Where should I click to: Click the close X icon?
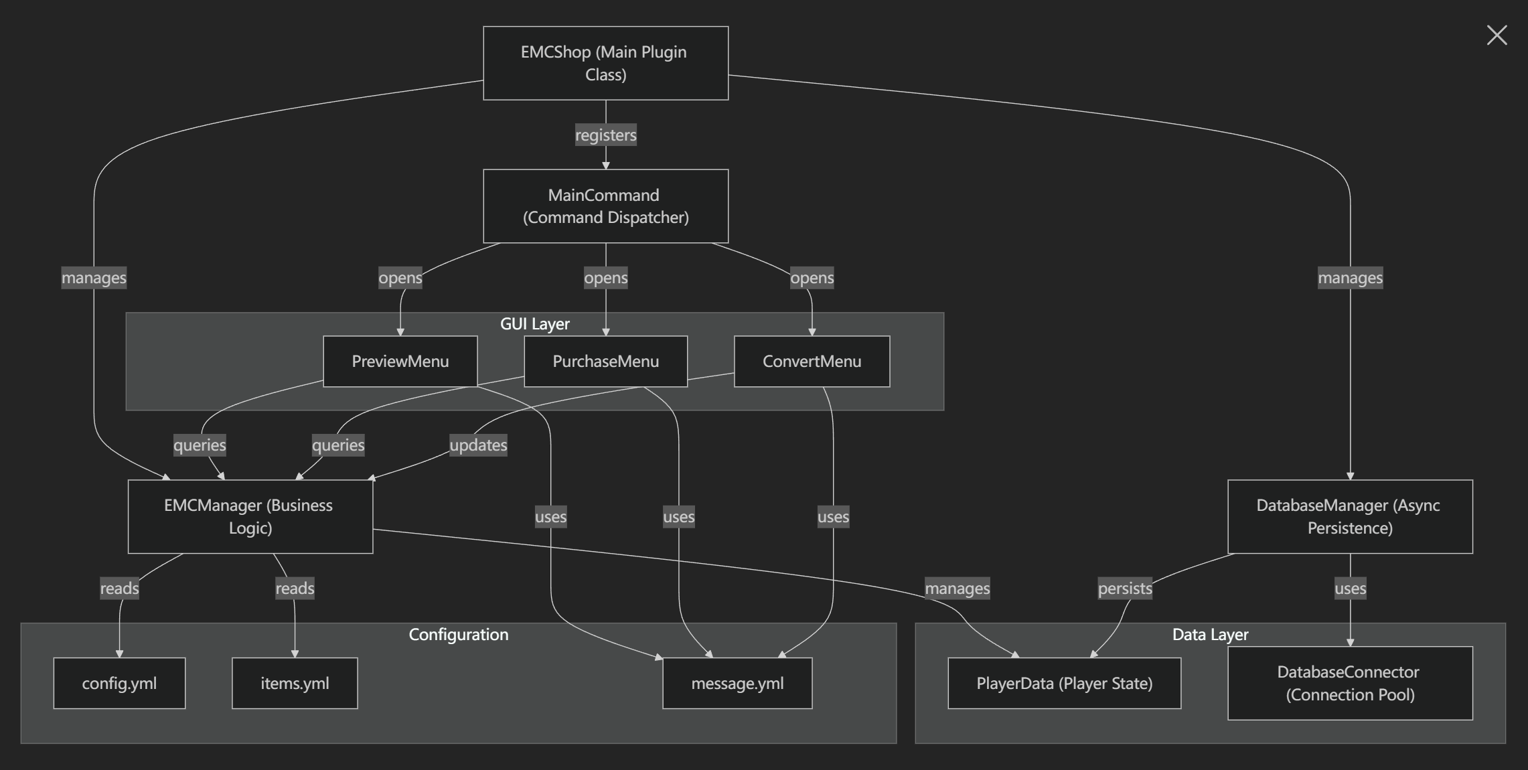pos(1497,35)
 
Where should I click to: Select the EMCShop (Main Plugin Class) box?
pos(605,63)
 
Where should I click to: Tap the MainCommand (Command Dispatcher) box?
pos(605,206)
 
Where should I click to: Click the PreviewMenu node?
pos(400,362)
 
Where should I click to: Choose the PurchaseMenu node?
pos(605,362)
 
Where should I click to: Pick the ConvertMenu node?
pos(812,362)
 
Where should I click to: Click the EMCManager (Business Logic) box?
pos(250,516)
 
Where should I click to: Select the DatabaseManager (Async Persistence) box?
pos(1349,516)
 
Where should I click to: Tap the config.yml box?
pos(119,683)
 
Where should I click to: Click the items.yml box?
pos(295,683)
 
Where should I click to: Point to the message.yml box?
pos(737,683)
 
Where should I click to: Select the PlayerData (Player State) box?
pos(1064,683)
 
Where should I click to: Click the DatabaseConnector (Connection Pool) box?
pos(1349,683)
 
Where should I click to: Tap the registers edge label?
pos(605,135)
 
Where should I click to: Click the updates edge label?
pos(478,445)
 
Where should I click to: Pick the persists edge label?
pos(1125,589)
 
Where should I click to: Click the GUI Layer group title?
pos(534,324)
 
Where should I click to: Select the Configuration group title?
pos(459,635)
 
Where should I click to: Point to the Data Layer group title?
pos(1210,635)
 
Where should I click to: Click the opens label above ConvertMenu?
pos(812,278)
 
